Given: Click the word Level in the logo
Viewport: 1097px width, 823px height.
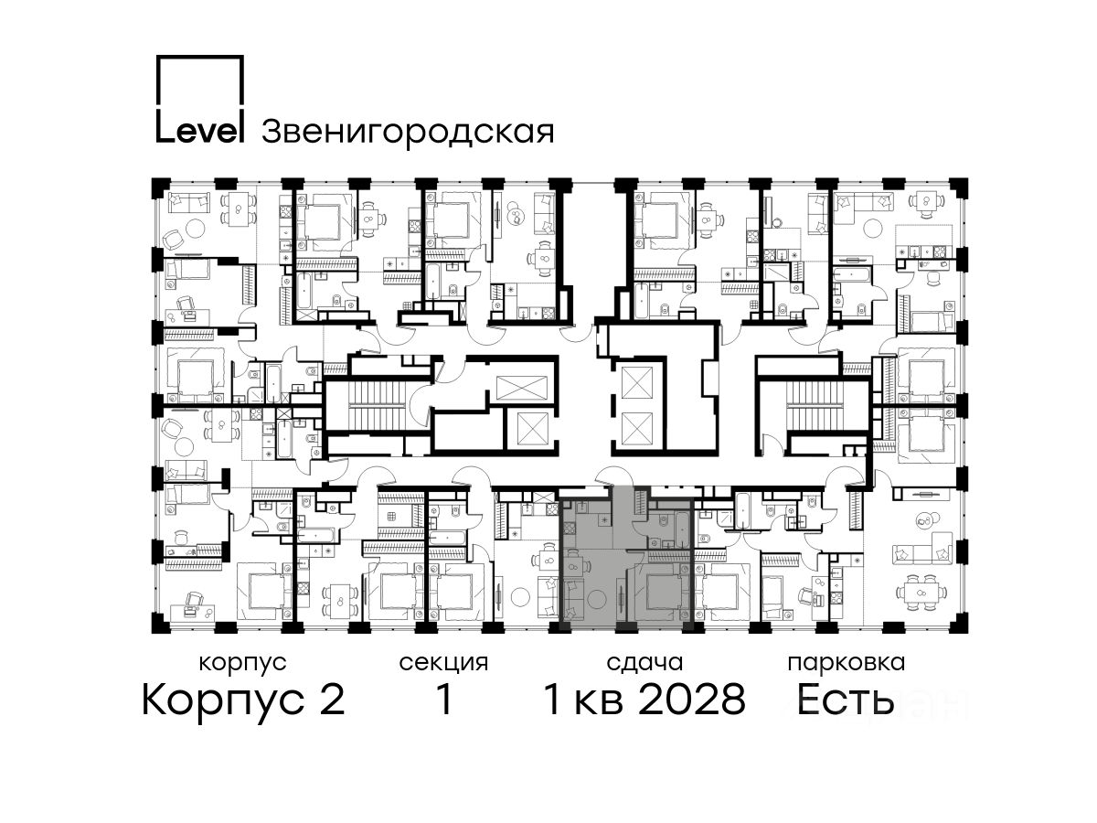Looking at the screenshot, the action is click(x=200, y=131).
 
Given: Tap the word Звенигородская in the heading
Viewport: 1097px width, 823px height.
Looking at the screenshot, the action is click(x=408, y=133).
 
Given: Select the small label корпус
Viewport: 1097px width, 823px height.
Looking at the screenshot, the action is click(x=242, y=664).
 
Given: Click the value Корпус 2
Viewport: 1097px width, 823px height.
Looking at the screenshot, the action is click(x=243, y=700).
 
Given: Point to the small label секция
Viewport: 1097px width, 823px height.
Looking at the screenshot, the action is click(x=443, y=664).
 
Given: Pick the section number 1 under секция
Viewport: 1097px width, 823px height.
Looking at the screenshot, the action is click(x=443, y=700).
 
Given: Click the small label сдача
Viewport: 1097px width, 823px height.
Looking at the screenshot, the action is click(x=644, y=664).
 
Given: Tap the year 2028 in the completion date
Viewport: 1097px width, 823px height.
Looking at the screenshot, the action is click(x=692, y=700).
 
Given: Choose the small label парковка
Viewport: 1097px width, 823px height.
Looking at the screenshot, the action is click(x=847, y=664).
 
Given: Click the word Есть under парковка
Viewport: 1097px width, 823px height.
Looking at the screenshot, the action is click(x=845, y=700).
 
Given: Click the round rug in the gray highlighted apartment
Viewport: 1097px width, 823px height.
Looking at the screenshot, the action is click(x=597, y=600).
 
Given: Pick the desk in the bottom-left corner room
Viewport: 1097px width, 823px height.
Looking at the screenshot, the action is click(x=193, y=613).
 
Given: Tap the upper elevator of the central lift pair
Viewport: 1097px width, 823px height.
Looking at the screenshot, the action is click(x=636, y=381).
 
